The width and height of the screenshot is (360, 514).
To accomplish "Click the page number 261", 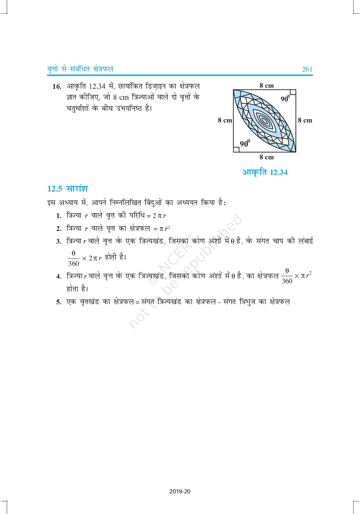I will [307, 69].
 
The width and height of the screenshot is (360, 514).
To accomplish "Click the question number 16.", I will [57, 86].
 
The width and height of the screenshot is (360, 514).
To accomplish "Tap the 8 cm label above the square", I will [266, 85].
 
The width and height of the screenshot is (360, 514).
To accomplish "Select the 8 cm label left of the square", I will [225, 120].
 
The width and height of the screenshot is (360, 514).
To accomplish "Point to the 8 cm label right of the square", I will [305, 120].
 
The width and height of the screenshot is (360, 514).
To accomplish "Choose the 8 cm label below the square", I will [266, 157].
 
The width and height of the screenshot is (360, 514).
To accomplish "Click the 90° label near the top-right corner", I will [285, 99].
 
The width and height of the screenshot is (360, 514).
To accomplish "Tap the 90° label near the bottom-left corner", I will [245, 144].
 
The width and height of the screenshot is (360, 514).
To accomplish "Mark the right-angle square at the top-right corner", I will [293, 93].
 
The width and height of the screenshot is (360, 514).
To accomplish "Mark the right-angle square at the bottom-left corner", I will [236, 149].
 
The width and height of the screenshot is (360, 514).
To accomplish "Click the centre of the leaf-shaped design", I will [264, 120].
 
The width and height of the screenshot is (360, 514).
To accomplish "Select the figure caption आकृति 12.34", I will [265, 172].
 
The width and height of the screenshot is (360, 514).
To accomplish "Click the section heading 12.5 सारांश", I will [68, 189].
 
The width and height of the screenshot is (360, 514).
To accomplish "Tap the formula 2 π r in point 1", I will [159, 216].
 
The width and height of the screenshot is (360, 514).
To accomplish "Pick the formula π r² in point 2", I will [165, 229].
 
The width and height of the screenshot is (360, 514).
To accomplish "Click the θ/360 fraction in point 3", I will [73, 258].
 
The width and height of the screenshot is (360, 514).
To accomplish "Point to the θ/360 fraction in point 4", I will [287, 276].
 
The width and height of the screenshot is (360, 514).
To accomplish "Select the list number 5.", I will [59, 302].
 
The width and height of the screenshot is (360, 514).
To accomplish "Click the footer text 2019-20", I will [180, 491].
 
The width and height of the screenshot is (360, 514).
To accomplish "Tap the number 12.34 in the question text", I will [97, 86].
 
